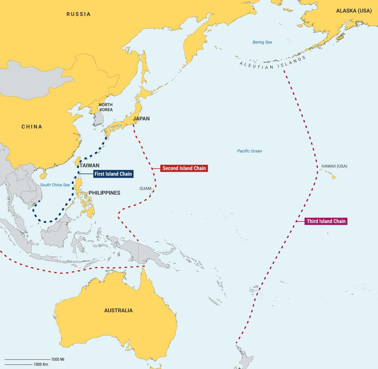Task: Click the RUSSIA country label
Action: pos(78,14)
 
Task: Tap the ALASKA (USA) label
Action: pos(353,11)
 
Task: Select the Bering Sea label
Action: pos(262,42)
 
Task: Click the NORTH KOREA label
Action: pos(105,107)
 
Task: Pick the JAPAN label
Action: pos(141,119)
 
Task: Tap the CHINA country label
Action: pos(32,127)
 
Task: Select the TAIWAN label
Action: pos(89,166)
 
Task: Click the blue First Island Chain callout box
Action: pos(113,174)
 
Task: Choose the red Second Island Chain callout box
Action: pos(184,168)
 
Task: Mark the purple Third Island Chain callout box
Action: pos(326,221)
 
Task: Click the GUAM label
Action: pos(145,188)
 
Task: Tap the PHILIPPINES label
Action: pos(105,193)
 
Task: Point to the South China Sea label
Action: pos(55,185)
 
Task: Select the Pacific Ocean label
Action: pos(250,151)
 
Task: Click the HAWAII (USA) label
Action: pos(334,166)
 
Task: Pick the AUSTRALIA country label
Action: pos(118,310)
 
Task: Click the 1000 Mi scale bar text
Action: pos(58,359)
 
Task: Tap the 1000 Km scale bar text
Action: pos(41,364)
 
